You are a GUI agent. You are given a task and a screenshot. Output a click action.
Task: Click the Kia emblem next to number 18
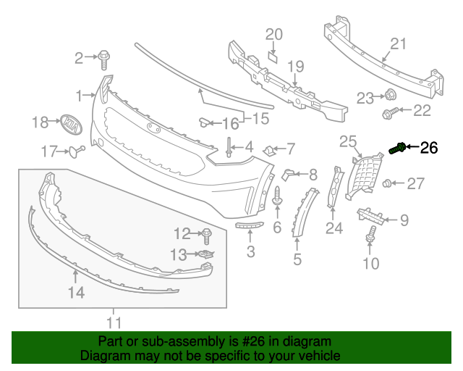[69, 124]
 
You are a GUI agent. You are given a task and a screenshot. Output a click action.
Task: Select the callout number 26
[429, 148]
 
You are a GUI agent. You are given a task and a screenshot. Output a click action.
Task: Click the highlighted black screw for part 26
[396, 149]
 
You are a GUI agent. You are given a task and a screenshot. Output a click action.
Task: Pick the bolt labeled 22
[386, 112]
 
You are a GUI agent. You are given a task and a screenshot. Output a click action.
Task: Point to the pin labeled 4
[229, 146]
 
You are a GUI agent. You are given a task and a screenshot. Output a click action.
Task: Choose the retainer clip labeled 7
[268, 150]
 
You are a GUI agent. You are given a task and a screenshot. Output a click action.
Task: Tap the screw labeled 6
[277, 195]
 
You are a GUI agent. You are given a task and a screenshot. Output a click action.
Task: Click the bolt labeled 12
[206, 235]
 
